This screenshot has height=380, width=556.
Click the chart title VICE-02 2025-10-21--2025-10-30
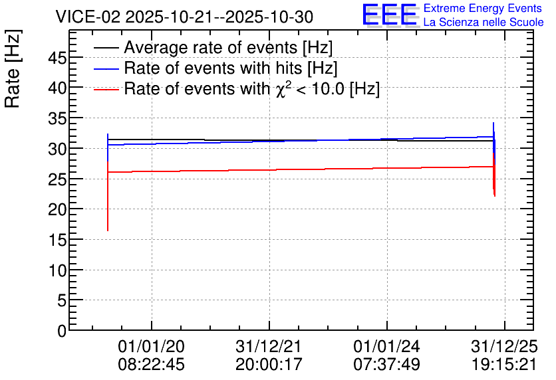click(184, 17)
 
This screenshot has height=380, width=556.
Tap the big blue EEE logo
click(390, 15)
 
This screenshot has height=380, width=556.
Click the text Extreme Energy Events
click(483, 8)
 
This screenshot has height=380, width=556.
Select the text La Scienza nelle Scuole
click(484, 22)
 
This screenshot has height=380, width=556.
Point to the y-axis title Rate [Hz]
click(13, 68)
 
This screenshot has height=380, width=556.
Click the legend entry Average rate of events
click(228, 47)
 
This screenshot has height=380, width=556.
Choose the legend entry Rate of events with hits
click(231, 68)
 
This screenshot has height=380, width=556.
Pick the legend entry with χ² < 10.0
click(252, 88)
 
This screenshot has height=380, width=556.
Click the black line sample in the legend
click(106, 48)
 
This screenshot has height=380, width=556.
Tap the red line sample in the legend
click(106, 90)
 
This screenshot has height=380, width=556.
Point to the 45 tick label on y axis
click(57, 57)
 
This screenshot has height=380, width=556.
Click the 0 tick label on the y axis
click(62, 331)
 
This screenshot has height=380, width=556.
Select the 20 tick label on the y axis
click(57, 210)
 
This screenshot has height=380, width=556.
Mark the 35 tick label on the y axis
click(57, 118)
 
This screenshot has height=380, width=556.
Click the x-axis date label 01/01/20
click(152, 346)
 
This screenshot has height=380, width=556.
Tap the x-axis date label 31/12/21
click(269, 346)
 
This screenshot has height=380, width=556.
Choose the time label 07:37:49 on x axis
click(386, 364)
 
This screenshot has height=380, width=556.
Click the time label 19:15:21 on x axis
click(504, 364)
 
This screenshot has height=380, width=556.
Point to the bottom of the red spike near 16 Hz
click(108, 231)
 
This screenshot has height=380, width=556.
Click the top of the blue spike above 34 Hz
click(493, 122)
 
